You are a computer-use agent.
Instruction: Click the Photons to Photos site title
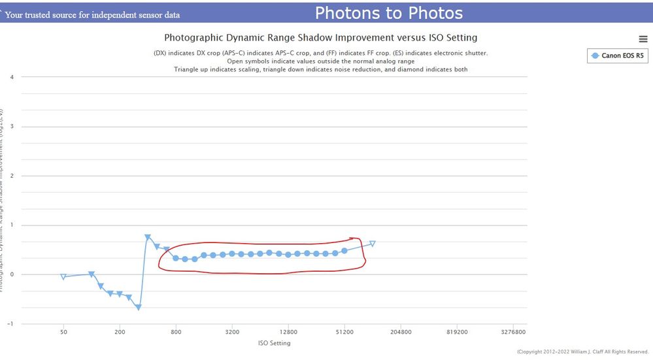[389, 13]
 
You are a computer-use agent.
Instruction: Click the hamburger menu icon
[643, 39]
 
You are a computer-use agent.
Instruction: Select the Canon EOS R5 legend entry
[618, 56]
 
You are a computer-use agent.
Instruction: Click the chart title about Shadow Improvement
[320, 38]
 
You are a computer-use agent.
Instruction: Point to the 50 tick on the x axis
[63, 333]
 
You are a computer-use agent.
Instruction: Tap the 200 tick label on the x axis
[120, 333]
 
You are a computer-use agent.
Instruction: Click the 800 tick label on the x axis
[176, 333]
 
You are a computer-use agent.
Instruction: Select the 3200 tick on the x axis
[232, 333]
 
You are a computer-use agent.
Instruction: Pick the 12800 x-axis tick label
[288, 333]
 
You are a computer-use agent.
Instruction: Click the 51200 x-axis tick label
[344, 333]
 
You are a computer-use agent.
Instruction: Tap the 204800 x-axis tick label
[401, 333]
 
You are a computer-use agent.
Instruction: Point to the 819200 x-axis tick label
[457, 333]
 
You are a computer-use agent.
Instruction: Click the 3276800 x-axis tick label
[513, 333]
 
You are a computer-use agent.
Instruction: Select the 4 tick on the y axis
[12, 77]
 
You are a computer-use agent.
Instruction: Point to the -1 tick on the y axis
[10, 323]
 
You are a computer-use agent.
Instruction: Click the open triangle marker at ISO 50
[63, 277]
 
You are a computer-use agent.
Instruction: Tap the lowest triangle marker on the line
[139, 307]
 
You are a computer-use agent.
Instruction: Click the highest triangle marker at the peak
[148, 237]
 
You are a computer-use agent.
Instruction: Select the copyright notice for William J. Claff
[582, 352]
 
